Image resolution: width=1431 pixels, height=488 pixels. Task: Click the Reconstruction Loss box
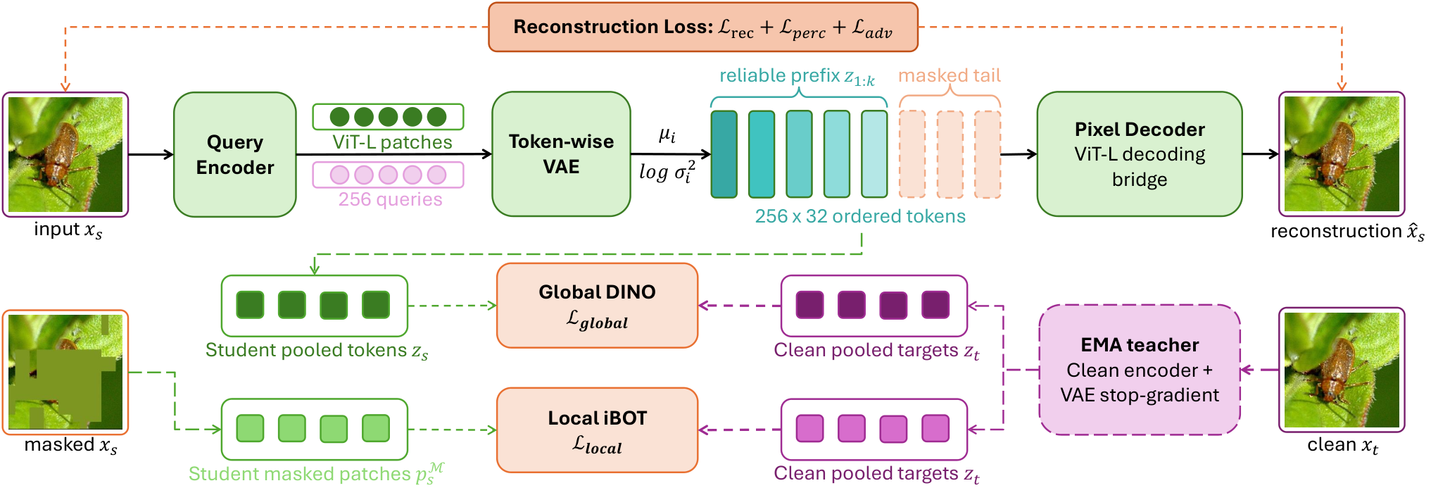tap(703, 27)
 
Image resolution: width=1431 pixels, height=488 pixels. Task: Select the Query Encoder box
tap(235, 154)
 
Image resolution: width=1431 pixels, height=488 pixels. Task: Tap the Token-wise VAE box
tap(561, 154)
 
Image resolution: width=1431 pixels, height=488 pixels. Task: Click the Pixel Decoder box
tap(1140, 154)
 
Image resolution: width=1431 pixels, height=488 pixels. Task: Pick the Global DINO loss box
tap(597, 306)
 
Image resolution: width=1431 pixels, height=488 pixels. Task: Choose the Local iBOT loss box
tap(597, 430)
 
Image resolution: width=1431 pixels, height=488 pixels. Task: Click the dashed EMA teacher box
tap(1140, 370)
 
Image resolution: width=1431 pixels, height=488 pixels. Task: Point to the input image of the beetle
tap(65, 154)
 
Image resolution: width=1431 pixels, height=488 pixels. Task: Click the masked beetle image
tap(65, 373)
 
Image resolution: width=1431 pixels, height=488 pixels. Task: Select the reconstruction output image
tap(1342, 154)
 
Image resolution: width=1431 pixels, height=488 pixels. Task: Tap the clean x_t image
tap(1342, 370)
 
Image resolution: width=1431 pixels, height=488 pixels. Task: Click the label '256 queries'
tap(390, 200)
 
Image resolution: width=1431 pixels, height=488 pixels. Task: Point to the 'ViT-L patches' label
tap(392, 142)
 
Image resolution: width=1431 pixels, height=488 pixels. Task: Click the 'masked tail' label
tap(949, 75)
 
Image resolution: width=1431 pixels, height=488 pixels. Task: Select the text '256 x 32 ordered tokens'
tap(860, 216)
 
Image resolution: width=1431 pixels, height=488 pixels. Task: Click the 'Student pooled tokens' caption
tap(317, 351)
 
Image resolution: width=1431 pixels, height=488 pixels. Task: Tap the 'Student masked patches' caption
tap(316, 473)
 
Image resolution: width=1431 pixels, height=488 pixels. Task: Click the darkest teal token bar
tap(724, 154)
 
